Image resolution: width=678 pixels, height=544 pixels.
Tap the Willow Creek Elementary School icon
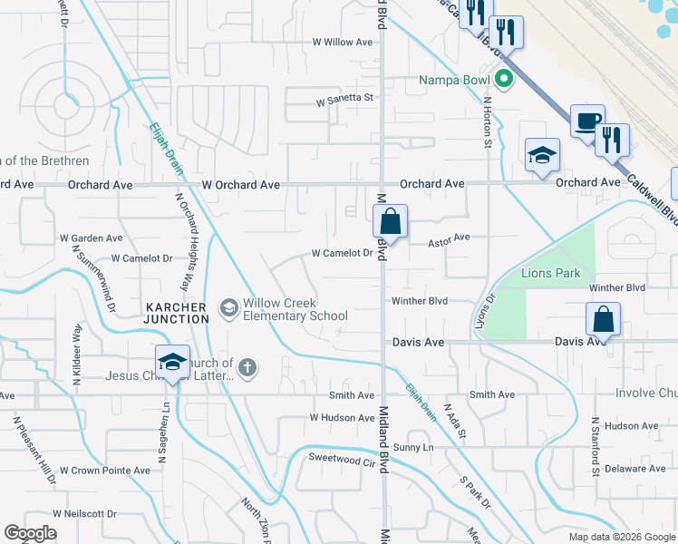point(228,308)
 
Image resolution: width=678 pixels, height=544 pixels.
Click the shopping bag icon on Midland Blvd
point(390,221)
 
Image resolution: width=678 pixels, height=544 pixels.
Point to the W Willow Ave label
point(343,42)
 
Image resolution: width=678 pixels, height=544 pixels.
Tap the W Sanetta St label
point(344,98)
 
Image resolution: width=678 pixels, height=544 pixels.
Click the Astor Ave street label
point(450,238)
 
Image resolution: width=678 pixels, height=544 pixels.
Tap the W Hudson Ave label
point(342,418)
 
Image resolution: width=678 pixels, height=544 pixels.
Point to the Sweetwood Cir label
point(342,461)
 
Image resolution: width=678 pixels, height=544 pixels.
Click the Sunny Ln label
point(414,448)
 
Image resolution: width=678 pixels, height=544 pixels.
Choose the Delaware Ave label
point(635,469)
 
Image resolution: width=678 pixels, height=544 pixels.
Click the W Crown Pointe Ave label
point(104,471)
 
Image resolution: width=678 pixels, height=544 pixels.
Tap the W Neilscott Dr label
point(84,513)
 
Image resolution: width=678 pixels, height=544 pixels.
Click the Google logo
point(30,533)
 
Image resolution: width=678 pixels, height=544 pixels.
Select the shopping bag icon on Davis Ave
point(603,320)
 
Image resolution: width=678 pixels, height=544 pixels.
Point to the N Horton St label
point(488,123)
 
